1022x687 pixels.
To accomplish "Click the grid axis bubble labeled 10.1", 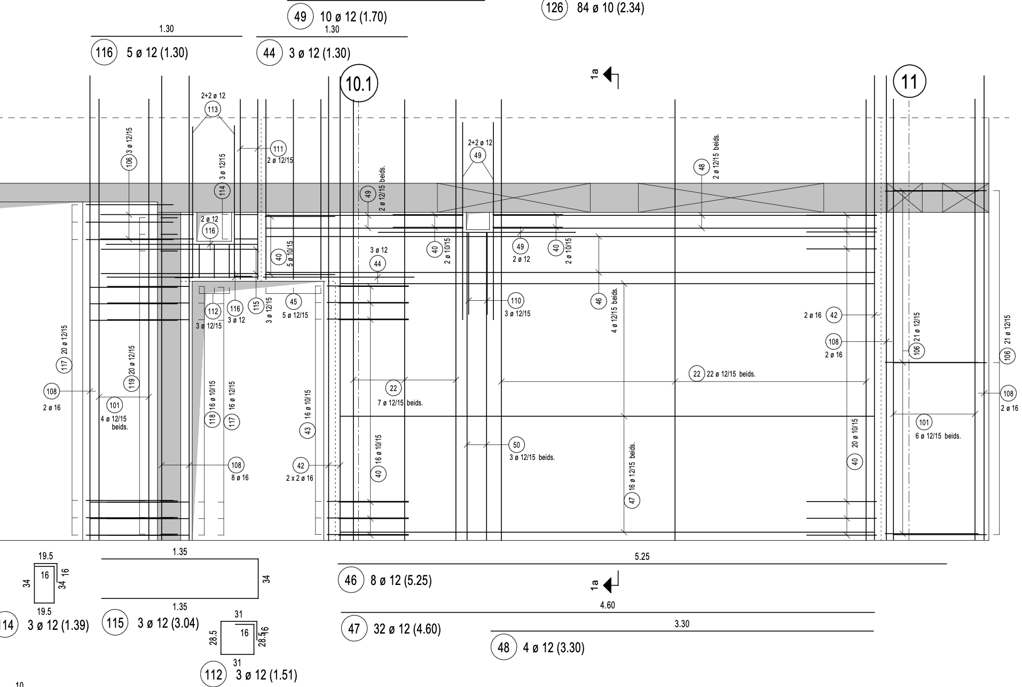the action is click(x=359, y=84).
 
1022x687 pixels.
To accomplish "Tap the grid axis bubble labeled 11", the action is click(x=909, y=82).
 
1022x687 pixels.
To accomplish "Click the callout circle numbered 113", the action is click(x=213, y=110).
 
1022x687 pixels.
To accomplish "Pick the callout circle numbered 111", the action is click(x=278, y=149).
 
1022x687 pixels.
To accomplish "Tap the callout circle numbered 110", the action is click(x=515, y=300).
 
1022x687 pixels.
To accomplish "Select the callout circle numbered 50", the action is click(x=516, y=444).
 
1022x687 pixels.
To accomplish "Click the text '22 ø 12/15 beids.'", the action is click(x=730, y=374).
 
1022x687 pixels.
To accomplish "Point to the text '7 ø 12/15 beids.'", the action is click(x=400, y=403).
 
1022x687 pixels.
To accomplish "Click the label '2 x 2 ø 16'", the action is click(x=300, y=478).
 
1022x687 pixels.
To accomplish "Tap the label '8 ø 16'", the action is click(x=240, y=478).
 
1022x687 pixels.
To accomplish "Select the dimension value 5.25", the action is click(x=642, y=557).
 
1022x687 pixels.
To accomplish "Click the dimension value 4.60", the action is click(x=607, y=605).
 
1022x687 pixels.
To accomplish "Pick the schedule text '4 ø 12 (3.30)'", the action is click(x=554, y=648).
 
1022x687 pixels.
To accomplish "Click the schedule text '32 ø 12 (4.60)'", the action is click(x=407, y=629).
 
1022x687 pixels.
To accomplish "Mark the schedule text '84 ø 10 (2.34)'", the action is click(x=610, y=8).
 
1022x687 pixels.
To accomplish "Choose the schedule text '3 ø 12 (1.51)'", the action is click(x=266, y=675).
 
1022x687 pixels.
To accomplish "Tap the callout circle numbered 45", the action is click(x=293, y=302).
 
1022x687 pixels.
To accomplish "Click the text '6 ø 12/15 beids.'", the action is click(x=938, y=436).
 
